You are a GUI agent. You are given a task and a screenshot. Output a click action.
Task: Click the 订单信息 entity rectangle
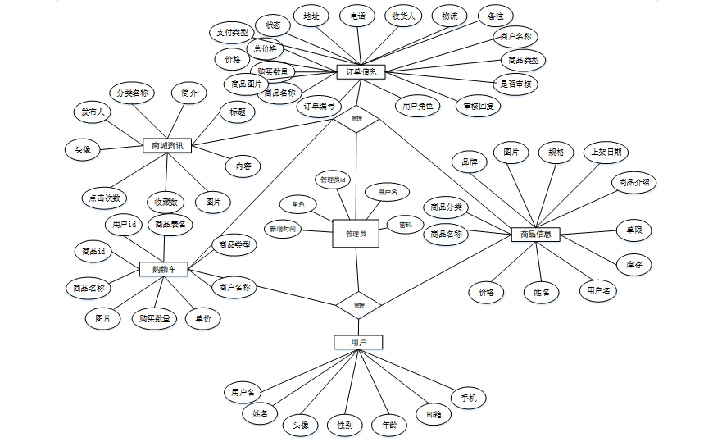(x=361, y=72)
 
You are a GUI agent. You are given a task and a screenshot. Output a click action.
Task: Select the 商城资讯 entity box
(x=166, y=146)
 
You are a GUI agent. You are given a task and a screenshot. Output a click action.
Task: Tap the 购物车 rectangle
(x=164, y=269)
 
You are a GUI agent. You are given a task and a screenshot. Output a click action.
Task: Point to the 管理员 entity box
(x=355, y=234)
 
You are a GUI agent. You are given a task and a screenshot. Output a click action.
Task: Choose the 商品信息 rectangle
(x=535, y=235)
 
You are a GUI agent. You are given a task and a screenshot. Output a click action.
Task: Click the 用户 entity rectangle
(x=357, y=342)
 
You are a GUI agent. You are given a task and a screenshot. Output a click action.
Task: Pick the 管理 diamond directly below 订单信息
(x=356, y=119)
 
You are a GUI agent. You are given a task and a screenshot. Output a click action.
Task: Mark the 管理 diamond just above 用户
(x=359, y=305)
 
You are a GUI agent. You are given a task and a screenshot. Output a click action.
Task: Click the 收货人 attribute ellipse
(x=403, y=16)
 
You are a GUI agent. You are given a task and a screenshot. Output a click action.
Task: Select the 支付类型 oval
(x=232, y=34)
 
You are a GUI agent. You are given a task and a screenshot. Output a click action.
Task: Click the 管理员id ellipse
(x=334, y=179)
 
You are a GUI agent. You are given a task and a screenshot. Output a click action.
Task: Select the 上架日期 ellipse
(x=607, y=153)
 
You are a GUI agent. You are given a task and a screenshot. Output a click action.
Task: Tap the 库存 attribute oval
(x=633, y=264)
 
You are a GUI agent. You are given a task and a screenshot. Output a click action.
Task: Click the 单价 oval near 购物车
(x=202, y=319)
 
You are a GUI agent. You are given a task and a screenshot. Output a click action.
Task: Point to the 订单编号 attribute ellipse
(x=319, y=107)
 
